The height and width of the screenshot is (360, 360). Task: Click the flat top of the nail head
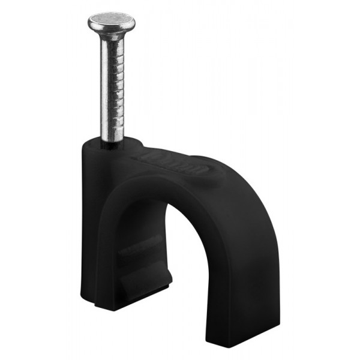(x=111, y=22)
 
